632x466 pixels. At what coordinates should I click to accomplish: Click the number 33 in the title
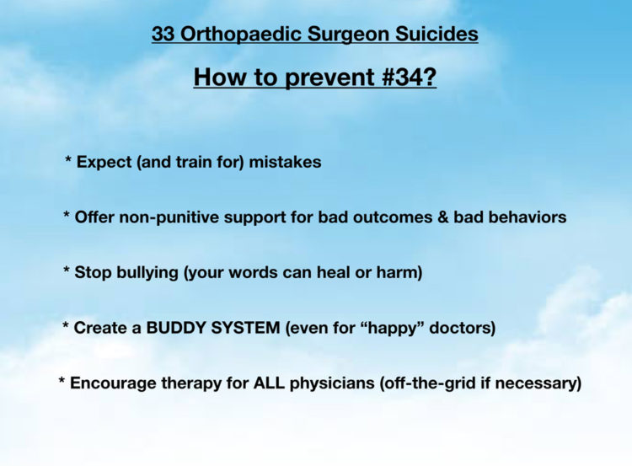coord(163,34)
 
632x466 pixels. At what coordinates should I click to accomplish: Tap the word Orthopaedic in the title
coord(241,35)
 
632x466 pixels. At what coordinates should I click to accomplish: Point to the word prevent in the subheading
coord(329,78)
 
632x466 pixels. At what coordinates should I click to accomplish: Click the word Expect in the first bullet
coord(104,162)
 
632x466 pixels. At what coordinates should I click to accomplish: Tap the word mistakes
coord(285,162)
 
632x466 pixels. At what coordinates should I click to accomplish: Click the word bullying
coord(147,272)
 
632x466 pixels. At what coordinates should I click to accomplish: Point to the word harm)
coord(399,272)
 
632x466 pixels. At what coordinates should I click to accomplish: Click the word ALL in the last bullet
coord(269,383)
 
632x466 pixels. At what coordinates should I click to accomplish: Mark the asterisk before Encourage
coord(62,380)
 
